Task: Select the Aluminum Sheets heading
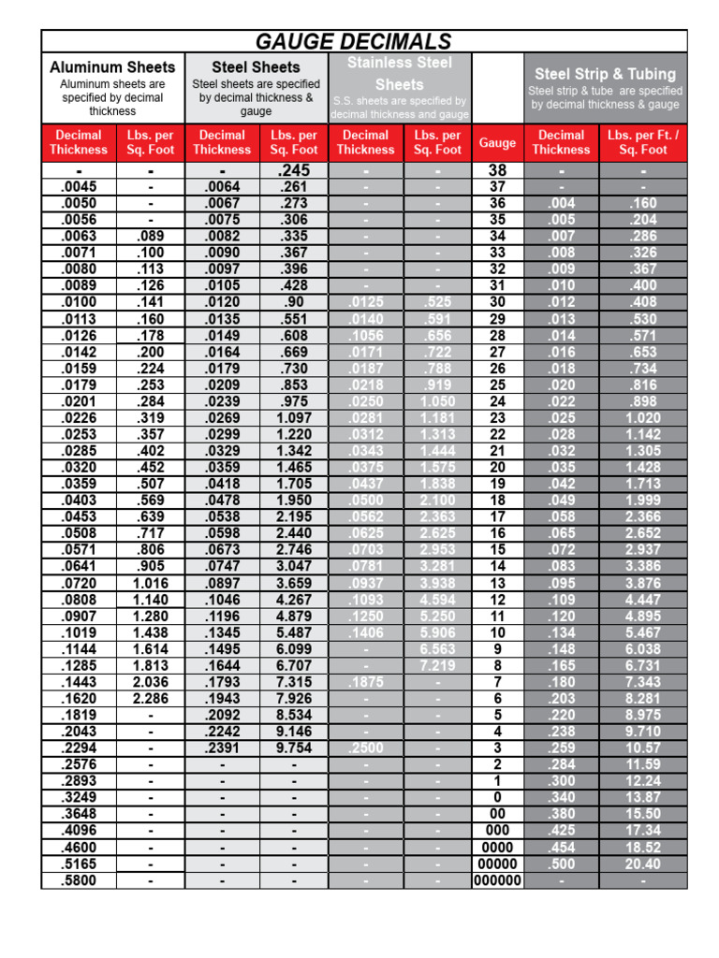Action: (112, 67)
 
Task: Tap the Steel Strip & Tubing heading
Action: (604, 74)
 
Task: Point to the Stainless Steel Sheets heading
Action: (400, 73)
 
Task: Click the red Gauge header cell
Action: (497, 143)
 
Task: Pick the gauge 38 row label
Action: (497, 171)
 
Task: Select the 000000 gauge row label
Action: (497, 881)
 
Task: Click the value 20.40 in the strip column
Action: (643, 864)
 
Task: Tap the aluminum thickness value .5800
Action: (79, 881)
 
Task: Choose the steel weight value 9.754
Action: (294, 748)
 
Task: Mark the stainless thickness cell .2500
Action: (365, 748)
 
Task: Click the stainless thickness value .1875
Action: (365, 683)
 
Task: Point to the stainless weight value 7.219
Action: (437, 665)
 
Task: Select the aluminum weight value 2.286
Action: (150, 699)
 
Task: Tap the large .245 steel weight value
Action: (294, 171)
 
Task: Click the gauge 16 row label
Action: (497, 532)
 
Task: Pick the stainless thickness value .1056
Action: (365, 336)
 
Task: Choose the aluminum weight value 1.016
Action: (150, 582)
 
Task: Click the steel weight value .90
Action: (294, 302)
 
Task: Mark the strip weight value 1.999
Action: (643, 501)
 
